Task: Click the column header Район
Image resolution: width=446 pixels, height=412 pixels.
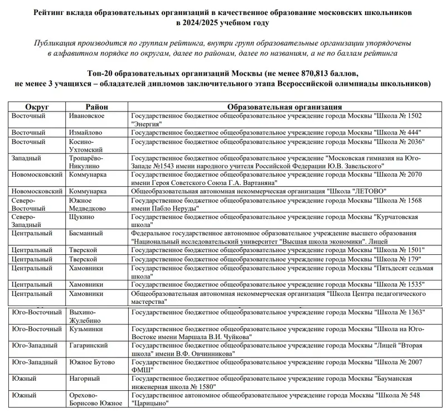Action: (97, 107)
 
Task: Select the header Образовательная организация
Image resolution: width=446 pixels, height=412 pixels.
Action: (284, 107)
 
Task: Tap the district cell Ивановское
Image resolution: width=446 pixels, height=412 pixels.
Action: (87, 115)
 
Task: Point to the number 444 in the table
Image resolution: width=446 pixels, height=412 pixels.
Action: (410, 132)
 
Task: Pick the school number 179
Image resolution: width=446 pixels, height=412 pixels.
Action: (410, 259)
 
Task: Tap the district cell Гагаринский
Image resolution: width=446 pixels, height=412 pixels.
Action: (89, 346)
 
